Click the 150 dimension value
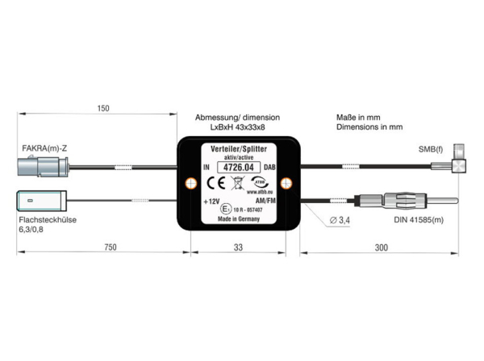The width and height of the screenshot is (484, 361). tap(102, 108)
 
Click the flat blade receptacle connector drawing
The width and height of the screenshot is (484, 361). tap(41, 200)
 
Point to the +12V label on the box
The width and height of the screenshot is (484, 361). tap(211, 202)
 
